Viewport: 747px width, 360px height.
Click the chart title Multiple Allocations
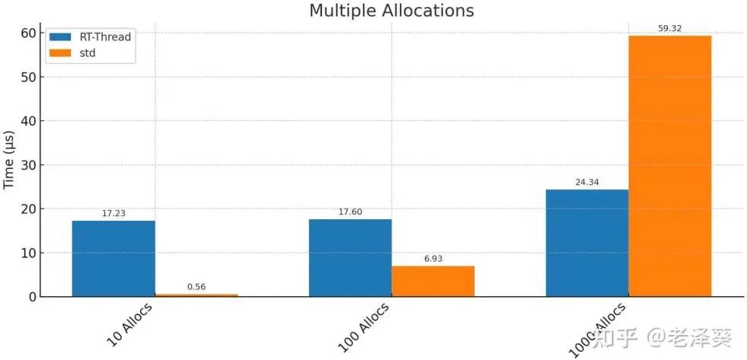click(x=391, y=11)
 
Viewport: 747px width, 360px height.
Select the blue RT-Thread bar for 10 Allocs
click(x=113, y=258)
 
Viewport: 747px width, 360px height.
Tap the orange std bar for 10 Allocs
click(x=196, y=295)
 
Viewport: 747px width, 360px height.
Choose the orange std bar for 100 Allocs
click(x=433, y=281)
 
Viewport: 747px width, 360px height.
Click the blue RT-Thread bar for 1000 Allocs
click(x=587, y=243)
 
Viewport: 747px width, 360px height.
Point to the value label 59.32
click(x=670, y=29)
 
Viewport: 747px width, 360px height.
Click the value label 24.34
click(x=587, y=183)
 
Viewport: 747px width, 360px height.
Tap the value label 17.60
click(x=350, y=212)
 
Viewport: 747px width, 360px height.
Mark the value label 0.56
click(x=196, y=287)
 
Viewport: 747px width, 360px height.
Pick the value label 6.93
click(x=433, y=259)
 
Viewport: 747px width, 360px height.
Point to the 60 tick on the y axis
click(x=27, y=33)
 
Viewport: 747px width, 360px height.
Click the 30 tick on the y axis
click(x=27, y=164)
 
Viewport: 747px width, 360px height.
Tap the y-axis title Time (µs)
click(x=9, y=160)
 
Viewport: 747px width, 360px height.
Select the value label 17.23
click(x=113, y=214)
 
